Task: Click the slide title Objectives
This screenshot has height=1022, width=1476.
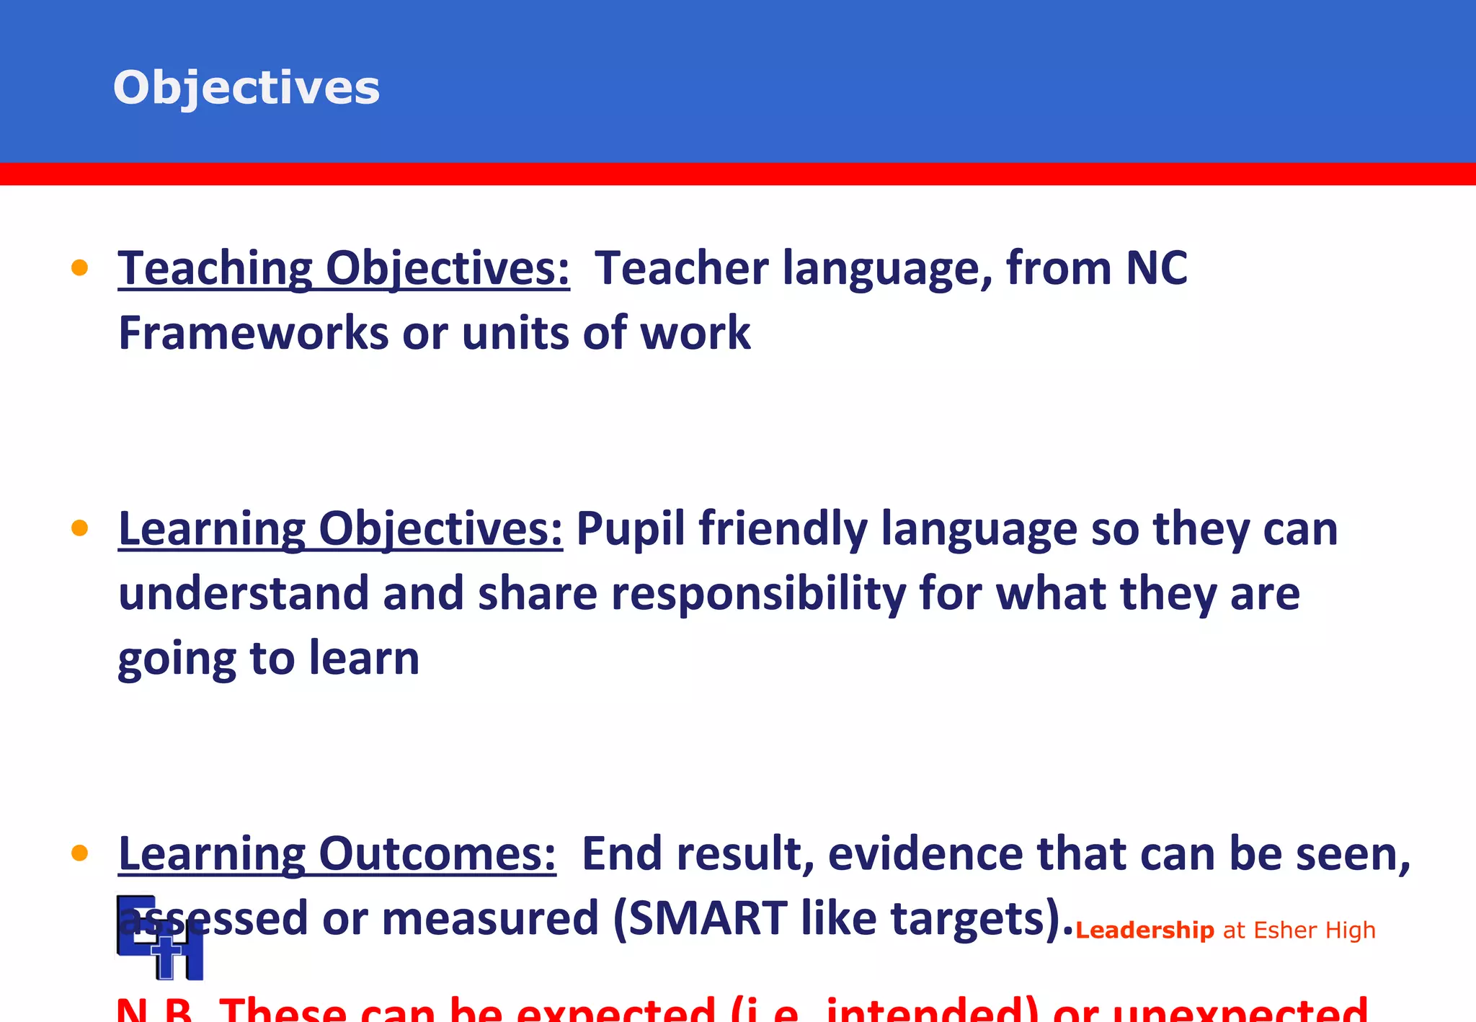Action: click(x=246, y=88)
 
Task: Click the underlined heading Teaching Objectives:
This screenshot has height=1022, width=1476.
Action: click(x=344, y=268)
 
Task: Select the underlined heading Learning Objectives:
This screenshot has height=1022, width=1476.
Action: click(x=340, y=529)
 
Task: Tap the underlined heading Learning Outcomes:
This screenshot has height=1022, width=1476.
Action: click(x=337, y=854)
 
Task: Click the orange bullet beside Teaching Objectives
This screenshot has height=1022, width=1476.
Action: click(x=79, y=268)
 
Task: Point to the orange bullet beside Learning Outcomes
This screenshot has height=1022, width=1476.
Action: click(x=79, y=854)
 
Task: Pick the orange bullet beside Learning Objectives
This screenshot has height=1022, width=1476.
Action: click(x=79, y=529)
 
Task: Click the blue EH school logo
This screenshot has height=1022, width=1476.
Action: click(x=160, y=938)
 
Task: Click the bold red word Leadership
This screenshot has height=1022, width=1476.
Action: click(x=1144, y=930)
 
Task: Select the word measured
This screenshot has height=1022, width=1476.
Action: click(x=490, y=919)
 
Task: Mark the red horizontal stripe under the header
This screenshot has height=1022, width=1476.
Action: click(x=738, y=174)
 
